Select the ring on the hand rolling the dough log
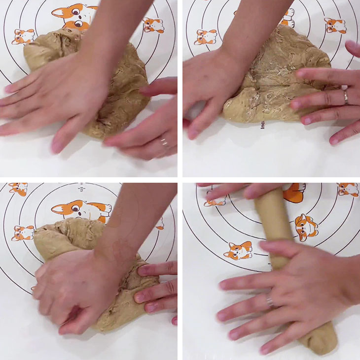tap(270, 301)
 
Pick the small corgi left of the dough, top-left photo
tap(23, 36)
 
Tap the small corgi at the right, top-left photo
tap(153, 25)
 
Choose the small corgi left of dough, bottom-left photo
tap(23, 232)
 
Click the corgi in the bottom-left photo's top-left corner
tap(18, 189)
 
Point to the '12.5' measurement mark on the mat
tap(80, 188)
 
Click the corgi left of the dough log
tap(238, 250)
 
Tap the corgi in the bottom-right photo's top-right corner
tap(348, 190)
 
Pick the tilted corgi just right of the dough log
tap(306, 227)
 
